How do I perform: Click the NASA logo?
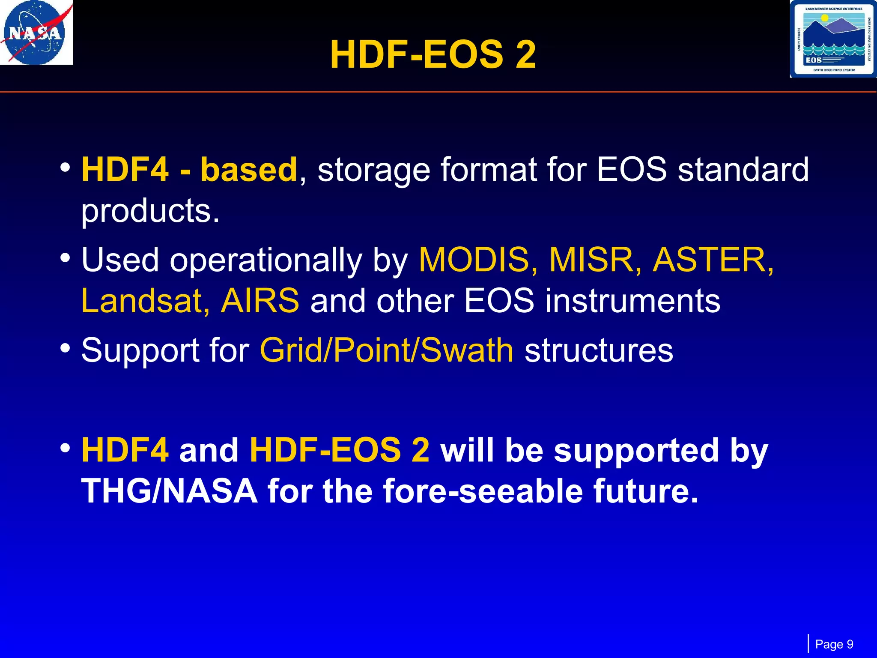click(36, 33)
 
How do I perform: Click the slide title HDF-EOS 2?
click(433, 55)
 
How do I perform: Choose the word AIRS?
click(260, 301)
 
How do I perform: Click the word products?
click(150, 212)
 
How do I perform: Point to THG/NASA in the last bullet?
click(170, 491)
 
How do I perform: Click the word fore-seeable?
click(483, 491)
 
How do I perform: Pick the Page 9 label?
click(834, 644)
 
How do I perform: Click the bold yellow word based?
click(248, 170)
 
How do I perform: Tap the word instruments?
click(633, 301)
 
